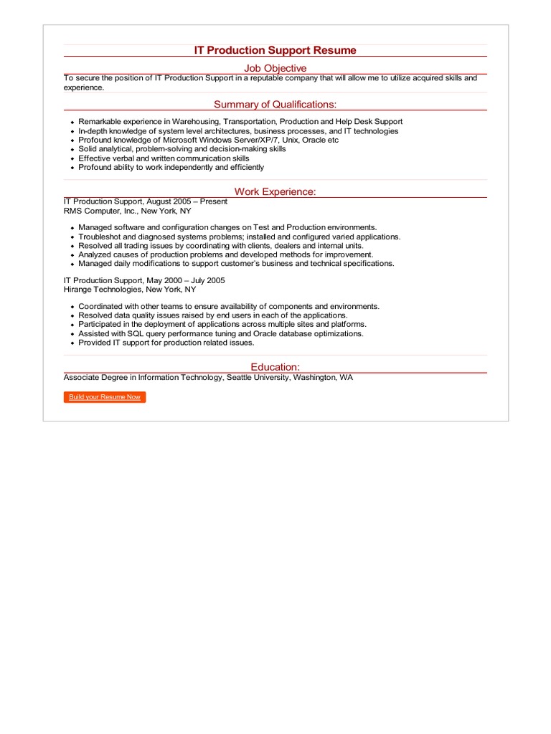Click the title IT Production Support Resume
(275, 50)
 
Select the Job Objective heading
(275, 68)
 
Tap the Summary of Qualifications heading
(275, 105)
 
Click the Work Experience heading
(275, 191)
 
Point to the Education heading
(275, 367)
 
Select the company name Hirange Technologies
(103, 290)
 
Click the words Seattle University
(260, 377)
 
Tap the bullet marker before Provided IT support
(72, 343)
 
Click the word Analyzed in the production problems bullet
(95, 254)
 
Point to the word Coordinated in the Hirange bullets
(101, 307)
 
